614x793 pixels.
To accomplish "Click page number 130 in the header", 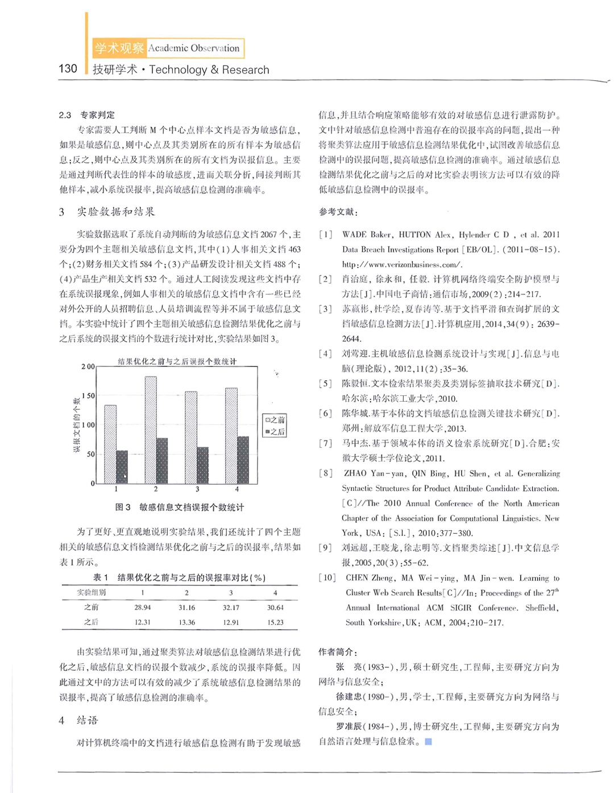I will point(68,69).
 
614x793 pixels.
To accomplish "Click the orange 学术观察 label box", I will point(119,48).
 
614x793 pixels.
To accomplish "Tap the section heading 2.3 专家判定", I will point(86,115).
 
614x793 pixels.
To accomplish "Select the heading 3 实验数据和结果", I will point(107,212).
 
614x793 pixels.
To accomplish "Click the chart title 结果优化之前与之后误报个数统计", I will point(177,361).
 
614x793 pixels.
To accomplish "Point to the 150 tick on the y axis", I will point(88,396).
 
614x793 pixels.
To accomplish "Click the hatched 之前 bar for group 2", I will point(151,429).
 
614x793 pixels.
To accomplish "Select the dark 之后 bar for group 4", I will point(243,460).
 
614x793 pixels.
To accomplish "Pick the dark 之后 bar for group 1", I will point(122,466).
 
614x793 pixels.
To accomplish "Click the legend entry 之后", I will point(275,432).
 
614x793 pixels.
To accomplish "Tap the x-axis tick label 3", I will point(197,489).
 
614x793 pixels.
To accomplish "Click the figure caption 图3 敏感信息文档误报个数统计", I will point(180,507).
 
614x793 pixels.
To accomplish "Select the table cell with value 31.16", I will point(186,608).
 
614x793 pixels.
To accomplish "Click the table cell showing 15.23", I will point(275,622).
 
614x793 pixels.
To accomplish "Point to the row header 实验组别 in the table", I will point(92,593).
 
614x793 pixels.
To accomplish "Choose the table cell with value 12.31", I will point(143,622).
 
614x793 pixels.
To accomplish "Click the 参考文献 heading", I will point(338,212).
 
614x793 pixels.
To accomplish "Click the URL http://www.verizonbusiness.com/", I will point(402,265).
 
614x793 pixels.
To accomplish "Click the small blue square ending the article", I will point(429,742).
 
